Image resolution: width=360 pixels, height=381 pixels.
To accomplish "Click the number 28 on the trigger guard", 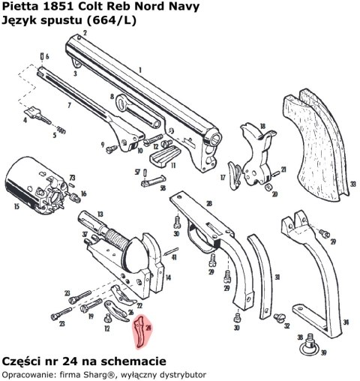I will pos(209,203).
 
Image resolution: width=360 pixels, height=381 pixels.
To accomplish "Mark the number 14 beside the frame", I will pos(168,278).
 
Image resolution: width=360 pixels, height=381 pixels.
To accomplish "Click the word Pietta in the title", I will pos(19,6).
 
